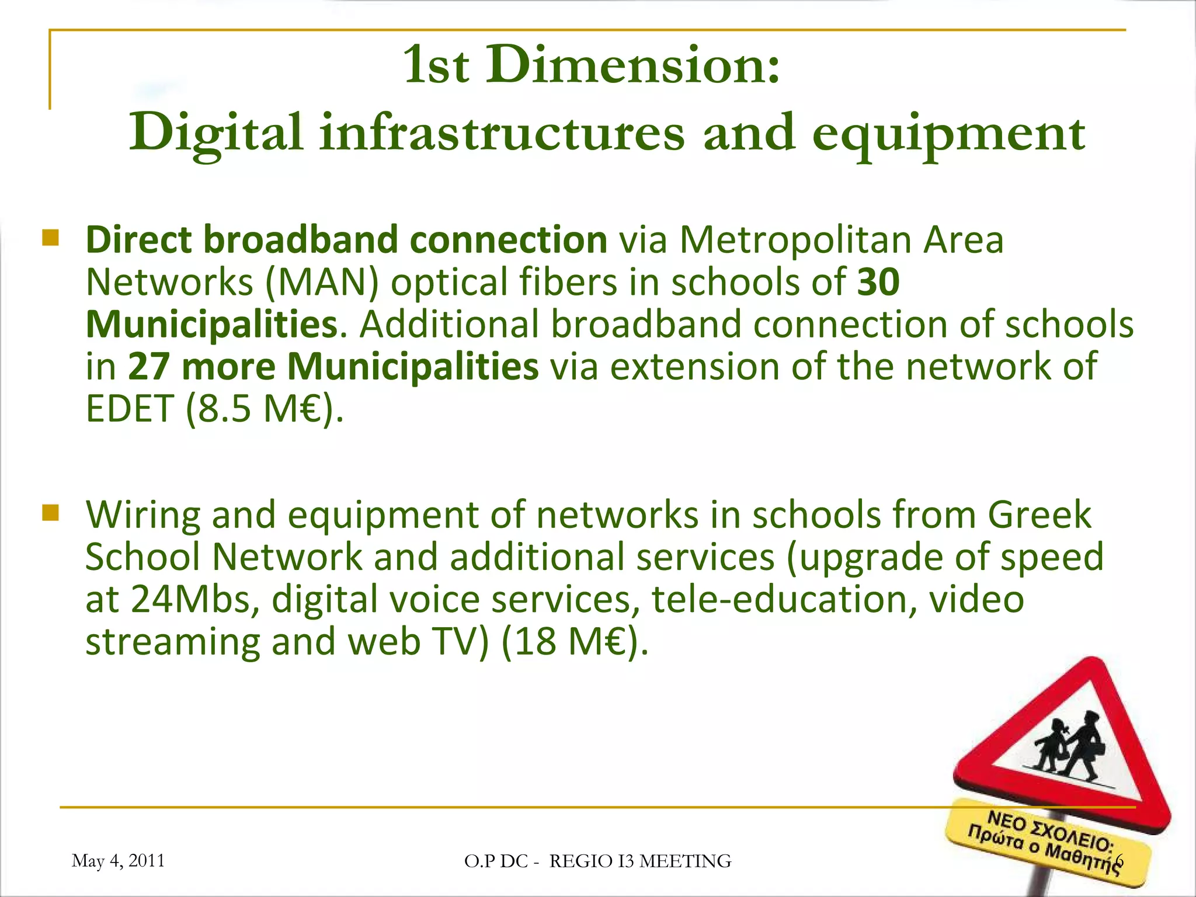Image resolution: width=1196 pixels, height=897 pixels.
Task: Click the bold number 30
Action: [878, 282]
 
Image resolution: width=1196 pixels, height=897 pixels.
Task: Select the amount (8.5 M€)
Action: [265, 409]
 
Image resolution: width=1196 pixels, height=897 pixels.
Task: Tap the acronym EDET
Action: [130, 409]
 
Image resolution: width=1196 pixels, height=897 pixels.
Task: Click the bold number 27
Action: [148, 367]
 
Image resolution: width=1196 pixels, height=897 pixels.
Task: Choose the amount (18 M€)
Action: [575, 642]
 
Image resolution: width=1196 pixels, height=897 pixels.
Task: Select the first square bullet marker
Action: [51, 238]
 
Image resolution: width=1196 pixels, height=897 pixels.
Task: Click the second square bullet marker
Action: [51, 513]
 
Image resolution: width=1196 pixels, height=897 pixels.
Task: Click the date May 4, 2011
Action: [118, 861]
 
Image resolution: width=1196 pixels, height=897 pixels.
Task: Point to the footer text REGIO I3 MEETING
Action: [640, 861]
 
